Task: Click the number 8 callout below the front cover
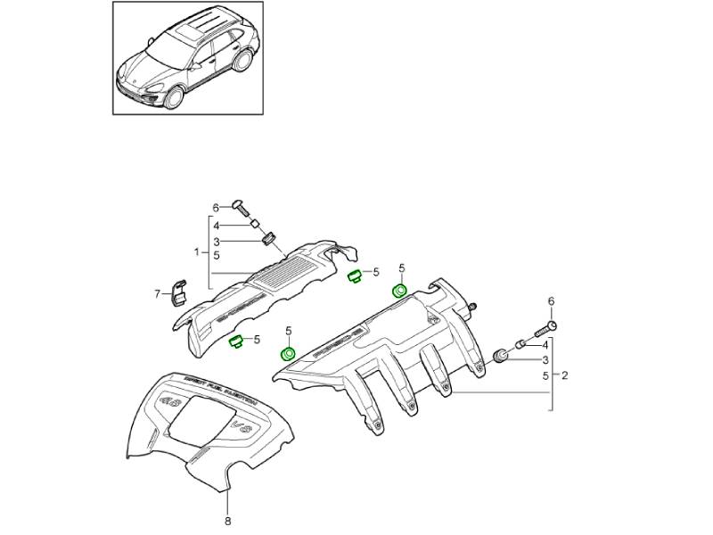click(x=227, y=521)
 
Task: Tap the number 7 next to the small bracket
click(x=157, y=292)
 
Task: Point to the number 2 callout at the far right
click(x=564, y=375)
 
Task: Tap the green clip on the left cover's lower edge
click(x=237, y=342)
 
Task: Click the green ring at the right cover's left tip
click(x=289, y=355)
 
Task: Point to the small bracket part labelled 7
click(x=178, y=292)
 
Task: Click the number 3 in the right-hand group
click(x=545, y=360)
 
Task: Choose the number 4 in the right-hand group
click(x=545, y=343)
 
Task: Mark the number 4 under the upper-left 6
click(x=215, y=225)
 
